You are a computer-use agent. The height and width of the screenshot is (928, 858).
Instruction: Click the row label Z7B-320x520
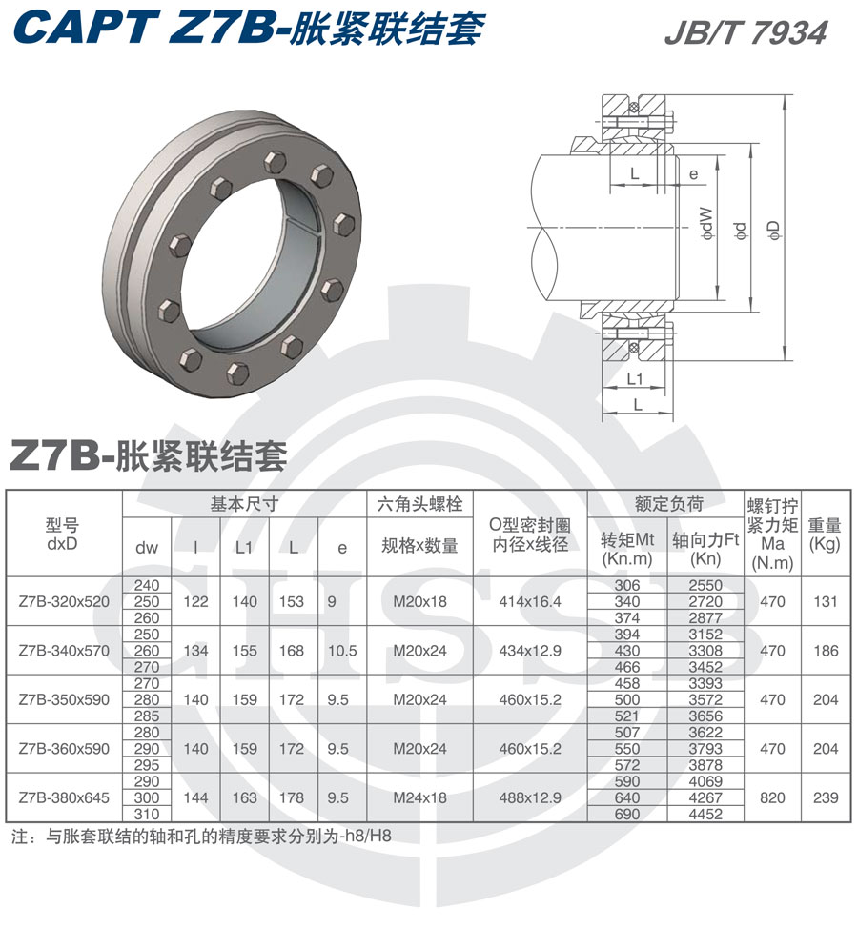[x=64, y=601]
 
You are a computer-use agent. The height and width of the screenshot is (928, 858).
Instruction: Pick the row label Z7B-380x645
[x=64, y=797]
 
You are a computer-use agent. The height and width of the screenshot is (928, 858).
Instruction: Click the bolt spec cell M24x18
[x=420, y=797]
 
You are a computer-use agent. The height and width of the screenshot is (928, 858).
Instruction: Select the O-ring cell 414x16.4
[x=530, y=601]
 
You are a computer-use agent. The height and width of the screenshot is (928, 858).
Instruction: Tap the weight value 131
[x=825, y=601]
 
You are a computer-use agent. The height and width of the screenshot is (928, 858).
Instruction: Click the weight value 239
[x=825, y=797]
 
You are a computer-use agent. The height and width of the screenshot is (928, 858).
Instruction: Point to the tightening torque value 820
[x=773, y=797]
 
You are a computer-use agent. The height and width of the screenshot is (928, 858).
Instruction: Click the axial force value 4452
[x=705, y=814]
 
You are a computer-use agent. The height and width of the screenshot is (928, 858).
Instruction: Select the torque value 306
[x=627, y=585]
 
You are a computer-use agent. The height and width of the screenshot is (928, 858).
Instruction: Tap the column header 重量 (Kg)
[x=825, y=535]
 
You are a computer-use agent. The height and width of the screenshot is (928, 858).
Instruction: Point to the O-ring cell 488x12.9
[x=530, y=797]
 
